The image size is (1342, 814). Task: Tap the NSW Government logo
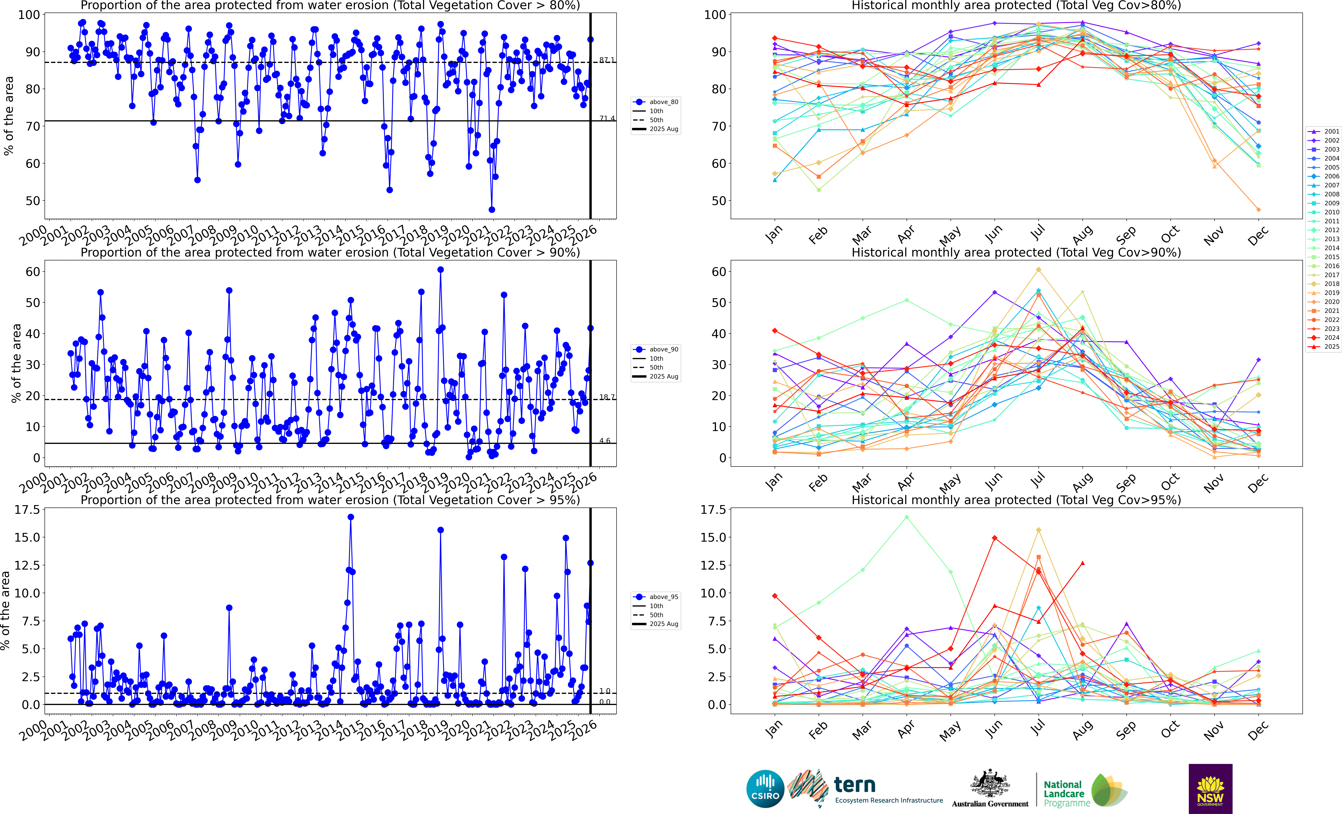pyautogui.click(x=1210, y=788)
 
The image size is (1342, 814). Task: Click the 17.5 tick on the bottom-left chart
pyautogui.click(x=27, y=510)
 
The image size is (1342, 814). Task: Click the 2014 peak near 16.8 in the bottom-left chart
pyautogui.click(x=351, y=517)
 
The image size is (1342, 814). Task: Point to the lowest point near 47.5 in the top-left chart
pyautogui.click(x=492, y=210)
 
